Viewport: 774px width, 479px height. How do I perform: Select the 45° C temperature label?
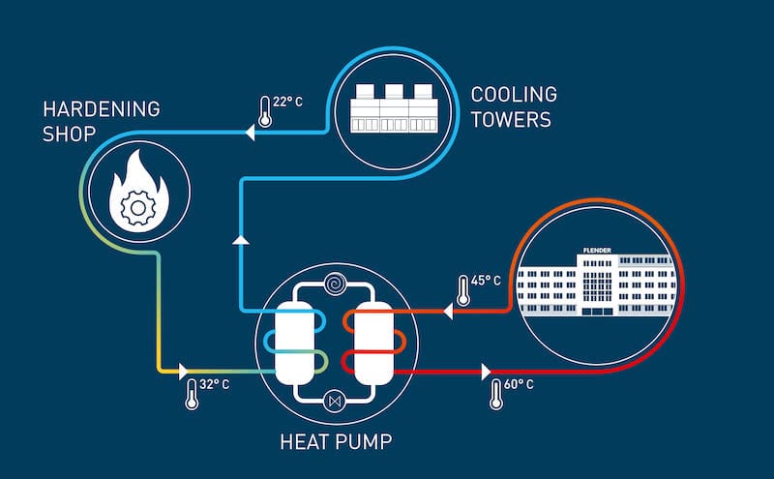486,282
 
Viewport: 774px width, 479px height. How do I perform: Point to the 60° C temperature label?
519,385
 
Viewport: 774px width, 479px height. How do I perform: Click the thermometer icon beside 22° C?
265,110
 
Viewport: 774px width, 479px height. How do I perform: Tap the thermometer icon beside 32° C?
193,391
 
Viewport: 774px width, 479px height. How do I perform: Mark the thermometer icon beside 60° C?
496,394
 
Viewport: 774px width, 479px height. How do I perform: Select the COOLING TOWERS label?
514,106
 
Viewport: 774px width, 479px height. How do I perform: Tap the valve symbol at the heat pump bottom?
335,399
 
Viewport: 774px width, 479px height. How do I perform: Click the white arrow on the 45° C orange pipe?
448,312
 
